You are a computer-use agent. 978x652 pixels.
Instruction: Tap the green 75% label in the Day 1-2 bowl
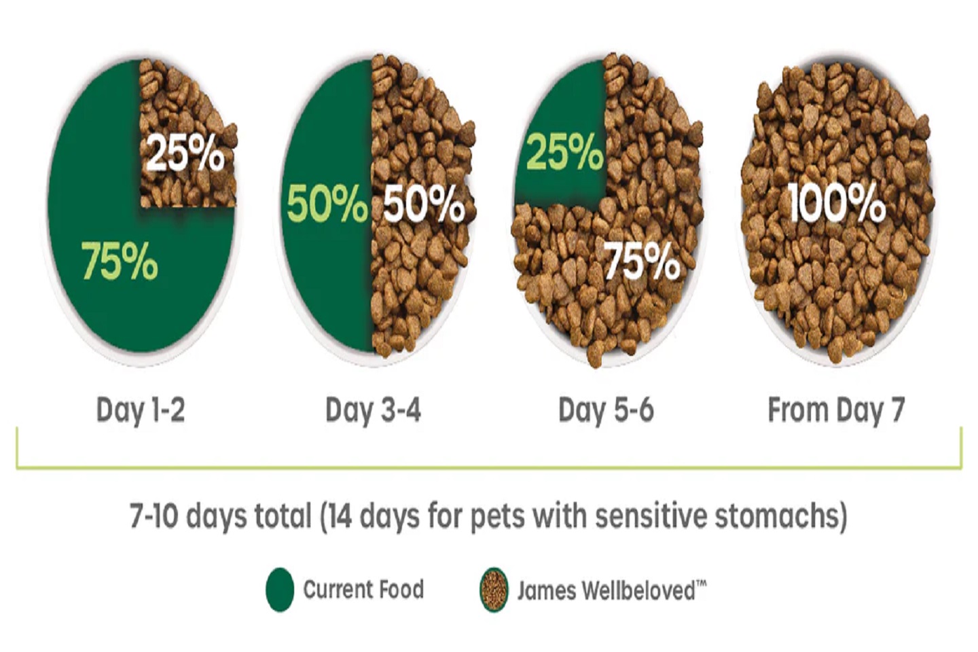[x=120, y=261]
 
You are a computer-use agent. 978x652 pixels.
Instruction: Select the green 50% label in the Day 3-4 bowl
[x=327, y=204]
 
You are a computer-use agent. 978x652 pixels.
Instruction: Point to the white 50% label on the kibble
[x=424, y=204]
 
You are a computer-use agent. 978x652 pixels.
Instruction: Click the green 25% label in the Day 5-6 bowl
[x=564, y=151]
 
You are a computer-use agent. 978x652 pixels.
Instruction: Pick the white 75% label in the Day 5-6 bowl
[x=642, y=261]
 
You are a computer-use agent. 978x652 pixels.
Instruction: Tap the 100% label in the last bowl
[x=837, y=202]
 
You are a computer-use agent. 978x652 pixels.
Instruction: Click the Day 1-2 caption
[x=141, y=410]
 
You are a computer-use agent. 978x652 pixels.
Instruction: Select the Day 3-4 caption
[x=373, y=410]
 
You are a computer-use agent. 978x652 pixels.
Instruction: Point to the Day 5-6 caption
[x=606, y=410]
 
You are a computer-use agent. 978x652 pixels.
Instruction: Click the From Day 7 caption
[x=836, y=410]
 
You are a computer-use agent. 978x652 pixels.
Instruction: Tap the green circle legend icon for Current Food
[x=280, y=590]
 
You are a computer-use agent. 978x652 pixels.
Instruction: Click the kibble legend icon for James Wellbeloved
[x=494, y=590]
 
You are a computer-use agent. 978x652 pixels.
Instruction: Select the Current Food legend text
[x=363, y=590]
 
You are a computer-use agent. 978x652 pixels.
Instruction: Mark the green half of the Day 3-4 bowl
[x=326, y=272]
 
